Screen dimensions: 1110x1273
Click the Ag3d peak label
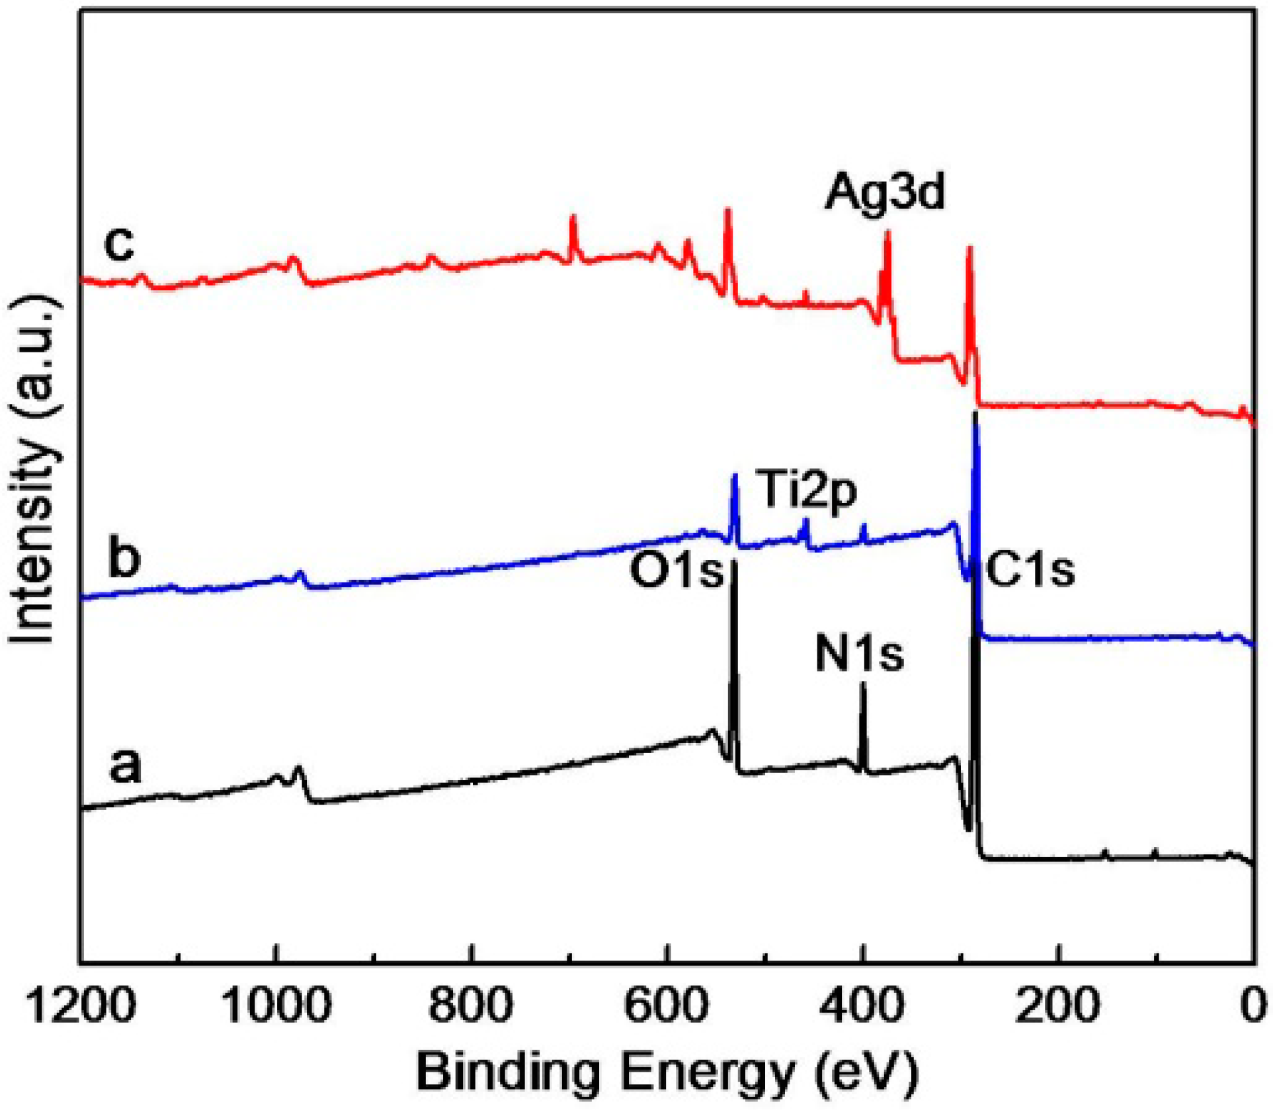click(884, 192)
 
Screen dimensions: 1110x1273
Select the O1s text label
click(677, 571)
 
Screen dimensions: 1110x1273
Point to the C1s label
click(1030, 570)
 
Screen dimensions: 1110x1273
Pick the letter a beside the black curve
click(125, 766)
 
